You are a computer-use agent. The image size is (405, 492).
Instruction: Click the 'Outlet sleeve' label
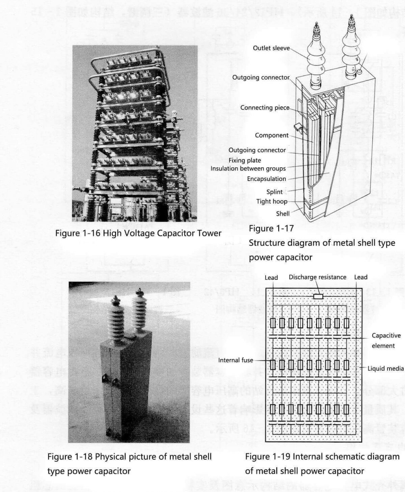(271, 48)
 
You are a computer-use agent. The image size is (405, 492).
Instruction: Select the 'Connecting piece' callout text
(265, 108)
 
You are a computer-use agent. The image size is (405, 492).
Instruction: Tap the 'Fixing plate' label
(245, 160)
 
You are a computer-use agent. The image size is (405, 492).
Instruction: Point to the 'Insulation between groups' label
(248, 168)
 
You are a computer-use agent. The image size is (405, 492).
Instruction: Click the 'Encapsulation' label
(266, 179)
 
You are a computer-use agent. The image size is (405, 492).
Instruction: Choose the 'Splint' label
(274, 192)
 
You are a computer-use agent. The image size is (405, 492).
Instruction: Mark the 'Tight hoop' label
(271, 201)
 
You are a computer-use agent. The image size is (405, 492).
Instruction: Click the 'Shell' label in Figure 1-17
(282, 214)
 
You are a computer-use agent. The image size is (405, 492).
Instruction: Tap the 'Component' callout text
(272, 135)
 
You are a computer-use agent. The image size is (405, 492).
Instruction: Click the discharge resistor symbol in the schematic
(318, 297)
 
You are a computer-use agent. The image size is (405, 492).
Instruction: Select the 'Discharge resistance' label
(317, 277)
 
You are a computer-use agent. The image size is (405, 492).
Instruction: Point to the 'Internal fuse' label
(235, 360)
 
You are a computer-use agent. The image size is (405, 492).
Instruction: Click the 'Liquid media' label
(385, 368)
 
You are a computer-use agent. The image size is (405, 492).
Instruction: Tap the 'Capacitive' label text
(386, 335)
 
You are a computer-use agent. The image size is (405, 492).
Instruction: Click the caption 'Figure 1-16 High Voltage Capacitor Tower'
(138, 233)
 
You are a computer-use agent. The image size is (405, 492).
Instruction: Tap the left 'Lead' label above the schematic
(271, 277)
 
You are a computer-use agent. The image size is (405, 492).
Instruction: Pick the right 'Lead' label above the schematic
(360, 277)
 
